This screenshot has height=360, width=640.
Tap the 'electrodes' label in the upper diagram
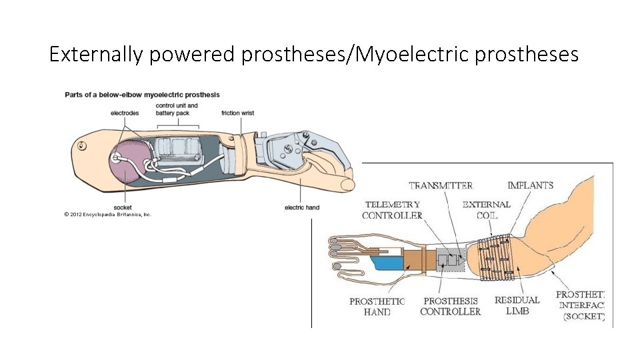[125, 113]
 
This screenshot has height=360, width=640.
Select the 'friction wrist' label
[238, 113]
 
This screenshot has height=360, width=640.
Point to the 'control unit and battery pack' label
[177, 109]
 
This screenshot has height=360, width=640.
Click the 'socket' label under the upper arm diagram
[123, 207]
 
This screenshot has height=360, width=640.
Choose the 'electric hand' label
[302, 207]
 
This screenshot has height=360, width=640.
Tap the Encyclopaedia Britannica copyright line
[108, 215]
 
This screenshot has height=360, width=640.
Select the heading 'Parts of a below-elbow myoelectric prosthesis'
[142, 95]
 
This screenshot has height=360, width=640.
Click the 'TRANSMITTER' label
[441, 185]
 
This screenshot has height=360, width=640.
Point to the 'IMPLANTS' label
[530, 185]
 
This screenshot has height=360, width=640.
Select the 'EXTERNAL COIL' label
[486, 210]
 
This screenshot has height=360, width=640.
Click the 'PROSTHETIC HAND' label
[377, 307]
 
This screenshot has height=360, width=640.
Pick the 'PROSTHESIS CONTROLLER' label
[450, 307]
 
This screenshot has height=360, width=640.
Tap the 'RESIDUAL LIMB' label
[517, 306]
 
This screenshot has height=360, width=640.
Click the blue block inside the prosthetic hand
[387, 263]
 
